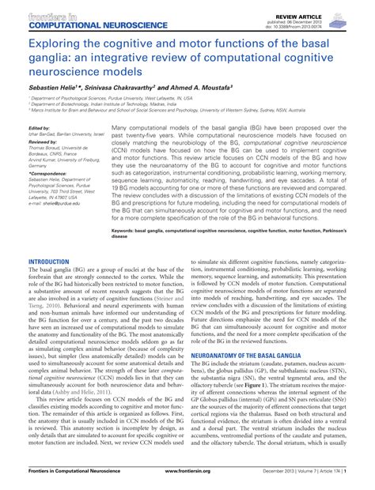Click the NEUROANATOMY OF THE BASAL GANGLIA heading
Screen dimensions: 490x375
[x=250, y=356]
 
